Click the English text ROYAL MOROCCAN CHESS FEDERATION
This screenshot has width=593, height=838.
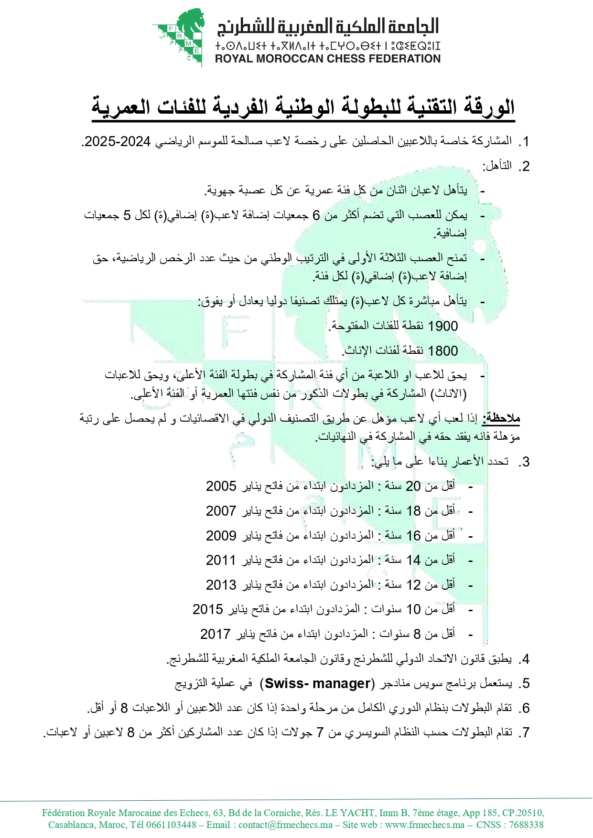tap(328, 59)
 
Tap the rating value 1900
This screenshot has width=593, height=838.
tap(443, 326)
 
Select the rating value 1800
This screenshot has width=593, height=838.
tap(443, 351)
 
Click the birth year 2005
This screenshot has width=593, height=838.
tap(221, 486)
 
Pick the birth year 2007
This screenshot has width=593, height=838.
tap(221, 511)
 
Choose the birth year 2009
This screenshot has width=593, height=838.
tap(221, 536)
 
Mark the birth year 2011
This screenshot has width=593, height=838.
tap(221, 560)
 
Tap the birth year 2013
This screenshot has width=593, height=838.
tap(221, 585)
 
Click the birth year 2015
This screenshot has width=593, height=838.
tap(208, 609)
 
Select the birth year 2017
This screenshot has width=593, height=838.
tap(216, 634)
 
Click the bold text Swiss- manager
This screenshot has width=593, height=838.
tap(317, 683)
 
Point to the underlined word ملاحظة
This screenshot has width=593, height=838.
tap(501, 418)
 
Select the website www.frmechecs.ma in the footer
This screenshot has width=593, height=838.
tap(425, 825)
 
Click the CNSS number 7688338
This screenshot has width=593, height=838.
tap(526, 825)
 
